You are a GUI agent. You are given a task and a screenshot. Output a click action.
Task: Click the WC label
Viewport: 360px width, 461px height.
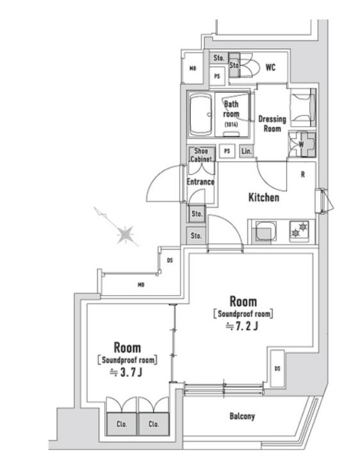click(x=270, y=68)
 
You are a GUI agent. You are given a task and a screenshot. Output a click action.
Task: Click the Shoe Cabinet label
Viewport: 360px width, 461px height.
click(x=200, y=156)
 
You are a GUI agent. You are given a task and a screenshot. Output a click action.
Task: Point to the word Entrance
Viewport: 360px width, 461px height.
click(x=200, y=181)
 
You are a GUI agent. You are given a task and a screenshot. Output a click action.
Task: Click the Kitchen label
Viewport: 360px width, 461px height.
click(x=263, y=198)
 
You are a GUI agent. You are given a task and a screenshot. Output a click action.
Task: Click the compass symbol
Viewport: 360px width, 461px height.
click(x=126, y=235)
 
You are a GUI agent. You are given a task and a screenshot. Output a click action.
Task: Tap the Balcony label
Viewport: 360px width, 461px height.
click(x=242, y=417)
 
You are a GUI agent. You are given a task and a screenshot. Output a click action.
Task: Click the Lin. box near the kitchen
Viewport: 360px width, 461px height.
click(x=247, y=152)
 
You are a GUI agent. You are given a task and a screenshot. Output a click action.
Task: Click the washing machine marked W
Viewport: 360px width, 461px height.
click(x=300, y=144)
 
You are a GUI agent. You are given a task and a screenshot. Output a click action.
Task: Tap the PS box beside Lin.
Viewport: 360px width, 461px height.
click(x=227, y=152)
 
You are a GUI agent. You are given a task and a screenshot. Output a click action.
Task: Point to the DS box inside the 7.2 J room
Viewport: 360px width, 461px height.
click(x=277, y=368)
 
